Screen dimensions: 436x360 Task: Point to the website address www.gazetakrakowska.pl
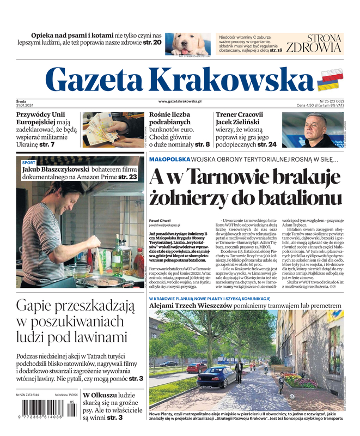point(180,101)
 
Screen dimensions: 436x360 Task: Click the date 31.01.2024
point(25,106)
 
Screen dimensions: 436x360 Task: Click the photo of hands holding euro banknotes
point(112,130)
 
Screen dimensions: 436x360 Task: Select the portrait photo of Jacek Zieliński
point(312,130)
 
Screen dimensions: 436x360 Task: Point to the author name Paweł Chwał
point(160,220)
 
